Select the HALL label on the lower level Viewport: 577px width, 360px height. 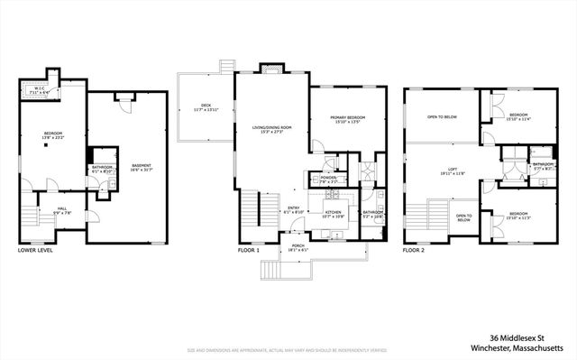point(63,211)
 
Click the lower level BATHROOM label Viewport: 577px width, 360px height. point(101,169)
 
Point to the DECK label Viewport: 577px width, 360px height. point(206,108)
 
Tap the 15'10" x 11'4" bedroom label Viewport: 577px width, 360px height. point(517,116)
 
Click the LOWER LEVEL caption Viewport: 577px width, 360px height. point(35,250)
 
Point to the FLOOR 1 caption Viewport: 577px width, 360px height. point(249,250)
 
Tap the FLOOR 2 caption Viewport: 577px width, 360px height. point(414,250)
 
